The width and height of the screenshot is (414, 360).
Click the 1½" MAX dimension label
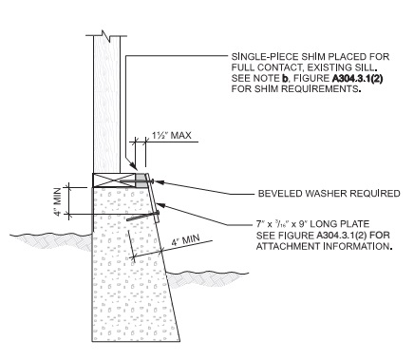click(171, 135)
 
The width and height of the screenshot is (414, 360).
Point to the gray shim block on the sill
click(141, 179)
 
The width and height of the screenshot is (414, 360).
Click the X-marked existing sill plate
click(114, 179)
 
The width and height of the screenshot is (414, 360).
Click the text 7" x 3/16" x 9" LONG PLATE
click(285, 224)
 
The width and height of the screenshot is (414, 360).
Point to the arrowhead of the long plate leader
click(158, 202)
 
